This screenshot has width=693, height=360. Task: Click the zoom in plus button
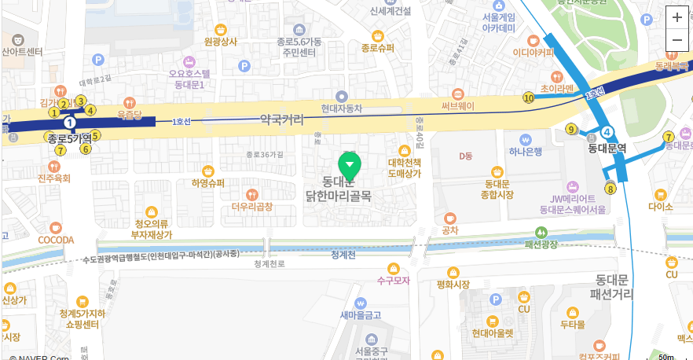click(677, 17)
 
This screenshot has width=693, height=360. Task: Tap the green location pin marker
click(349, 164)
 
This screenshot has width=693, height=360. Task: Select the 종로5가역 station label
click(70, 138)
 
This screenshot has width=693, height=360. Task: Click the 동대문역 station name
click(607, 147)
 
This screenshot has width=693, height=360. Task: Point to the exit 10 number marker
click(528, 97)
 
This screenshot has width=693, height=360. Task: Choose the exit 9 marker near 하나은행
click(571, 129)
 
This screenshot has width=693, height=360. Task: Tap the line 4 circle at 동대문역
click(608, 134)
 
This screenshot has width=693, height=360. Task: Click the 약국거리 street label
click(281, 119)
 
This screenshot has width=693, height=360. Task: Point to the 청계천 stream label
click(343, 255)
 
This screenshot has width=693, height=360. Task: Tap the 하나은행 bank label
click(526, 152)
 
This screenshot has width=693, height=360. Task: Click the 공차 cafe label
click(450, 230)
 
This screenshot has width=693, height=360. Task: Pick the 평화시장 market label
click(453, 285)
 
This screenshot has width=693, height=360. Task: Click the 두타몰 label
click(572, 324)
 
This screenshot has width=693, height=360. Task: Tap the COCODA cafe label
click(56, 239)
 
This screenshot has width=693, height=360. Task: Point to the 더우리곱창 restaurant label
click(252, 207)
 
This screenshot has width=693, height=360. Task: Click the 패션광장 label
click(541, 244)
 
